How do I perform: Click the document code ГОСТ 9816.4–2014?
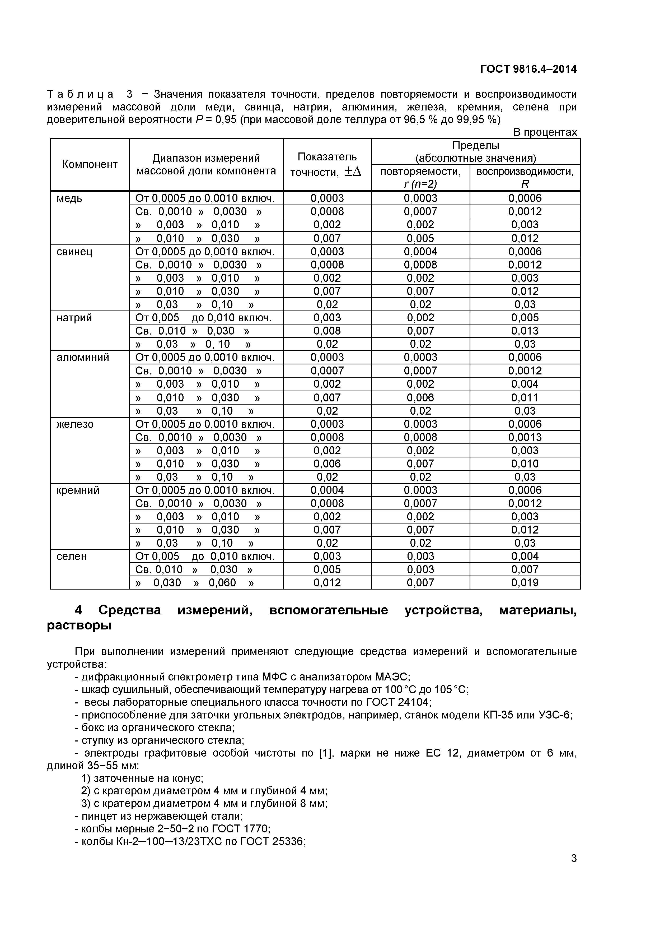(x=528, y=69)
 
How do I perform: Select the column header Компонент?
(x=90, y=164)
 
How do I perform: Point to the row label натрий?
(x=74, y=318)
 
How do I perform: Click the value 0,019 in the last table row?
(x=525, y=583)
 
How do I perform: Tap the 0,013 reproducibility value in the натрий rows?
(x=525, y=331)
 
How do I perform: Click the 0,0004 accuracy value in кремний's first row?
(x=327, y=490)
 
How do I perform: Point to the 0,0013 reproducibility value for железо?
(x=525, y=437)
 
